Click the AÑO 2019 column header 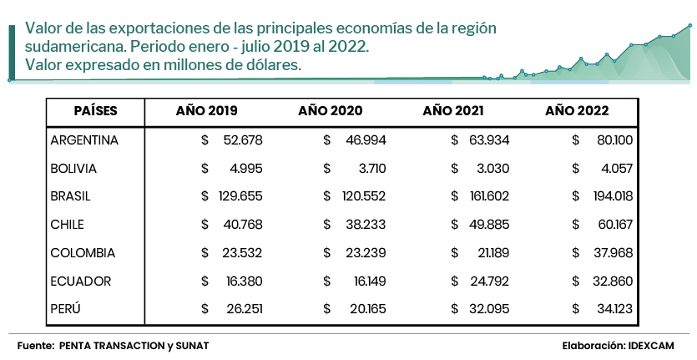click(206, 111)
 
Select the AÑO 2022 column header click(577, 111)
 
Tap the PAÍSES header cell click(95, 111)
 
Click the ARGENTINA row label click(84, 140)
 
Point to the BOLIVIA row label click(73, 169)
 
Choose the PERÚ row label click(67, 309)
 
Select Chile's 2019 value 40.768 click(242, 225)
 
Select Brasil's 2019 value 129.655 click(238, 196)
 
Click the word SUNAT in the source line click(191, 345)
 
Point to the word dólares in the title click(270, 64)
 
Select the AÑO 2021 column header click(453, 111)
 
